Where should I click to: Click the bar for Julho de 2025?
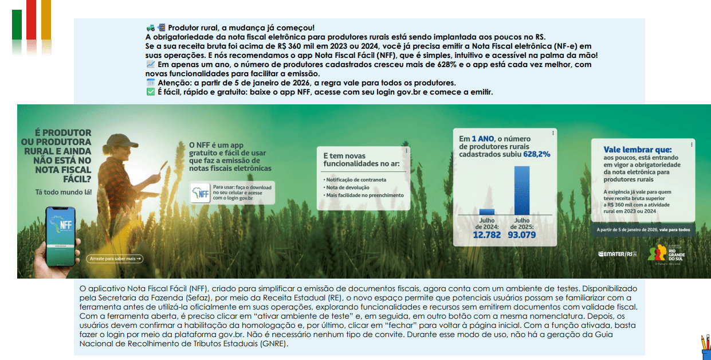522,190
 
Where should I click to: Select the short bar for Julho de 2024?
486,212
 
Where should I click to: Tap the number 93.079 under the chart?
521,234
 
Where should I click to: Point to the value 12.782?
486,234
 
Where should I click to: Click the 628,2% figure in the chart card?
536,154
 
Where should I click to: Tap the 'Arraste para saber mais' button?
115,259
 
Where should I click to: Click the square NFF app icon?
200,193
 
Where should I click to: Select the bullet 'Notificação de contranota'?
355,179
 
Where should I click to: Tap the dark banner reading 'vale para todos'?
643,230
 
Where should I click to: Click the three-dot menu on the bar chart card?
552,133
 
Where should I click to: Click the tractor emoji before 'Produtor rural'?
150,28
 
